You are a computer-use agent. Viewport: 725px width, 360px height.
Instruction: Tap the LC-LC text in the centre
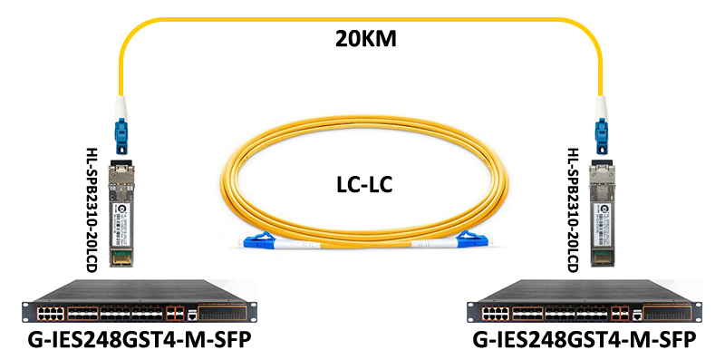coord(362,185)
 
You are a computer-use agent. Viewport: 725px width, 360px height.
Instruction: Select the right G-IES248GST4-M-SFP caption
coord(586,341)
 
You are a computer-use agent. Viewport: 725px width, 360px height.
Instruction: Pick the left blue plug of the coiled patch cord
coord(257,241)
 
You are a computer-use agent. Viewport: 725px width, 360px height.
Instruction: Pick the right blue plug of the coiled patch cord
coord(469,240)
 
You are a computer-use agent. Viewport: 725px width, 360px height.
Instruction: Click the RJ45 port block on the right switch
coord(498,314)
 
